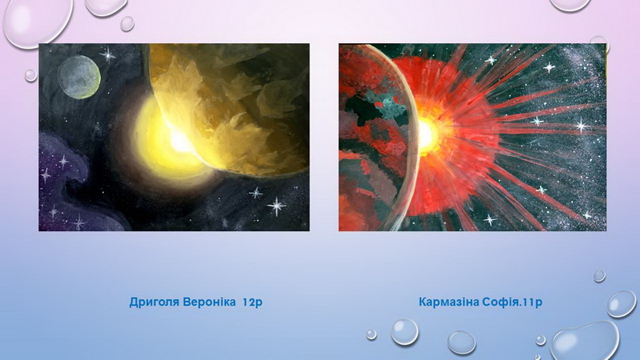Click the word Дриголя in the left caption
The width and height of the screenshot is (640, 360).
154,302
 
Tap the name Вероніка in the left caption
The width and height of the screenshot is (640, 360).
210,302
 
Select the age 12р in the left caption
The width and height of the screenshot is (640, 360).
252,302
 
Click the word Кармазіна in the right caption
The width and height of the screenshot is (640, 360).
449,302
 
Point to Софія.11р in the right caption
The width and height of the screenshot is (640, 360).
512,302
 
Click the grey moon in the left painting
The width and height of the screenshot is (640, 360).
79,77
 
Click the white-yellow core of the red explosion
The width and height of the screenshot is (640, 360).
426,135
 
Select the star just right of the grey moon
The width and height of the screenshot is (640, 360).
108,54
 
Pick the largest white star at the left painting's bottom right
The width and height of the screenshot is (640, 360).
277,206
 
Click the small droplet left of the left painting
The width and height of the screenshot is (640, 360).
30,75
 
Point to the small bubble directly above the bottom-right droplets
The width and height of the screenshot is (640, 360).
599,276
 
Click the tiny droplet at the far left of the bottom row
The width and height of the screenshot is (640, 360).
371,334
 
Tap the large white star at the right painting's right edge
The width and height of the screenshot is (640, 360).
581,126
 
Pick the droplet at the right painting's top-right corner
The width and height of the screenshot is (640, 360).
598,44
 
